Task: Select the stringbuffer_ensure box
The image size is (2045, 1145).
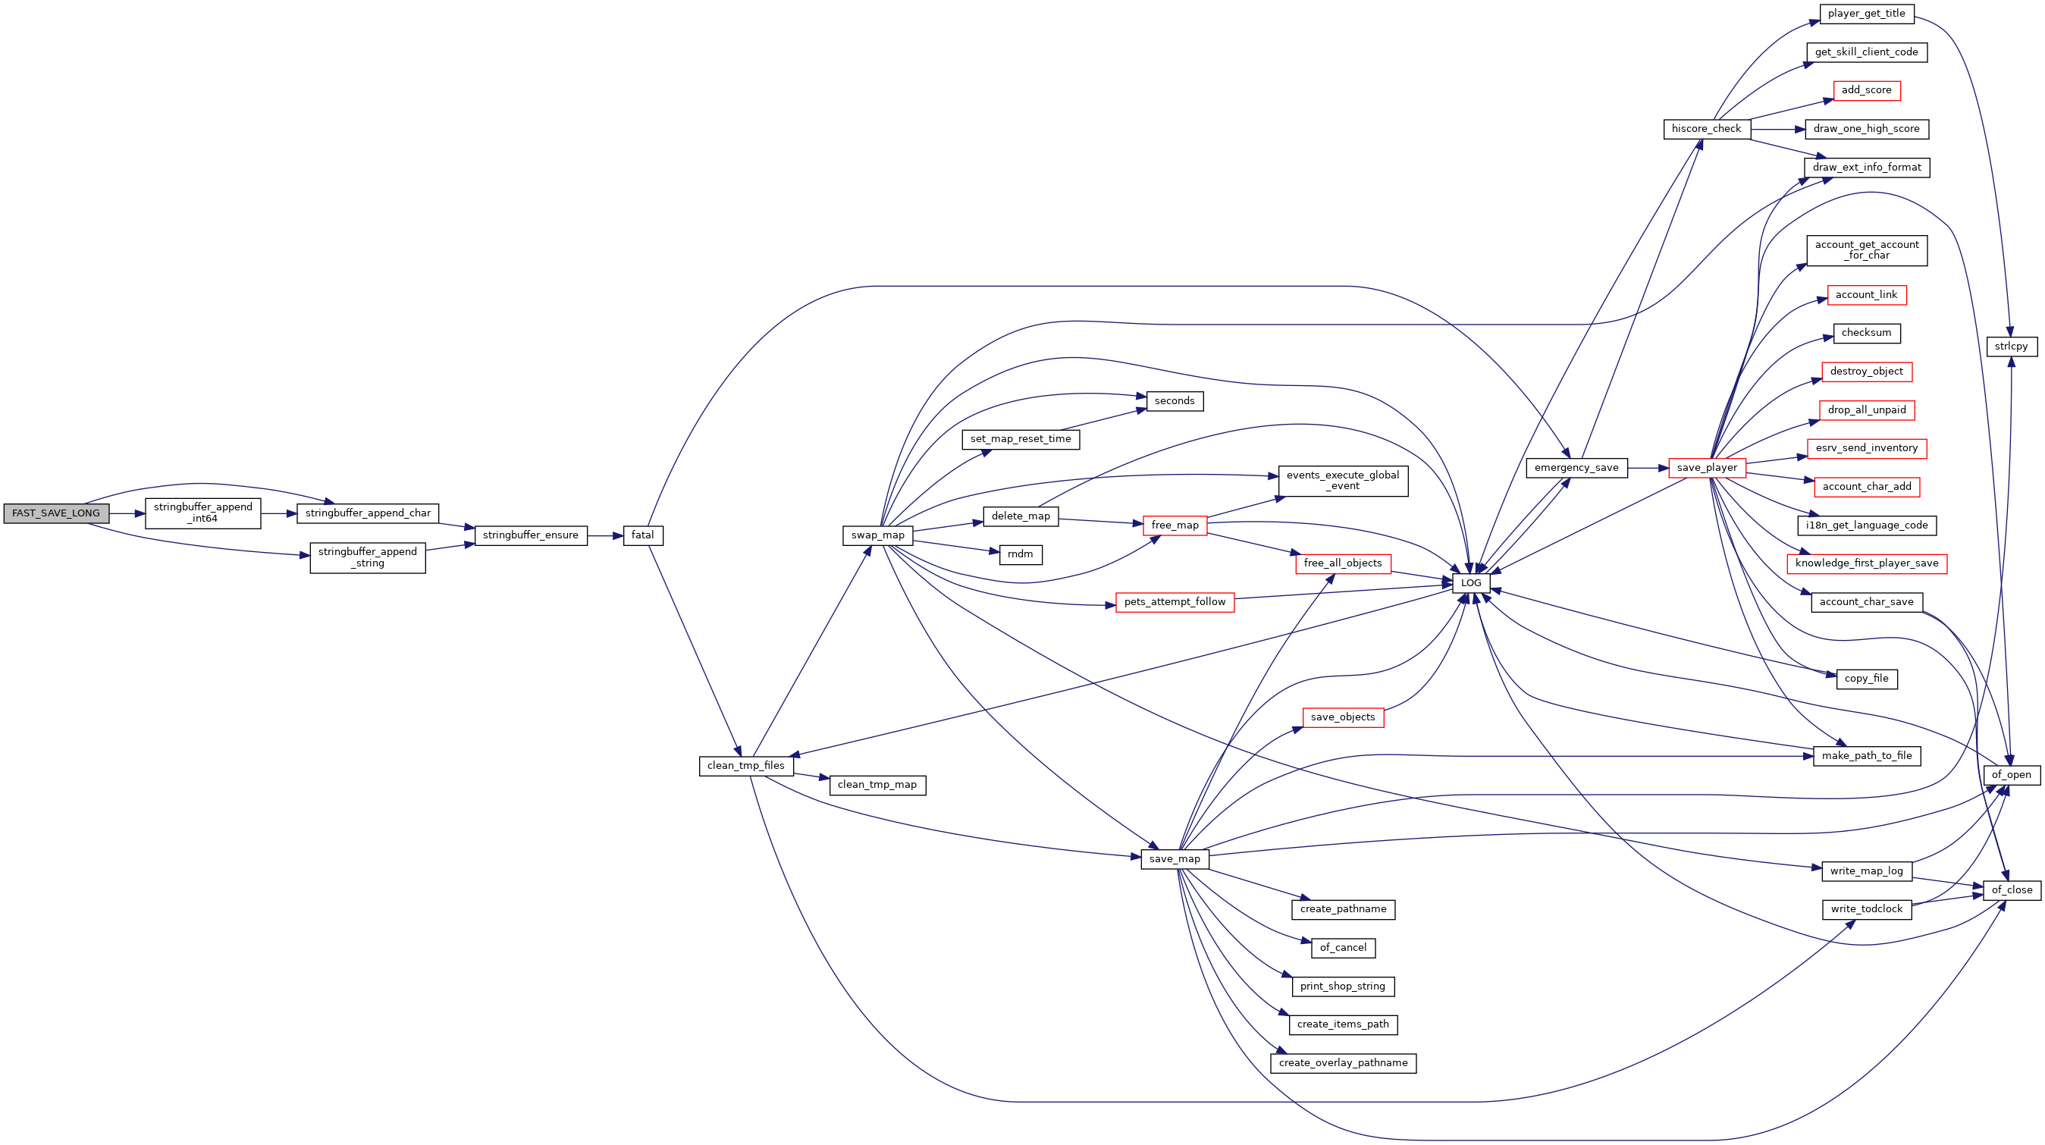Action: click(x=531, y=535)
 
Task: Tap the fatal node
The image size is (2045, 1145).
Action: click(x=643, y=535)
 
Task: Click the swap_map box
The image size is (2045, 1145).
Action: click(x=878, y=535)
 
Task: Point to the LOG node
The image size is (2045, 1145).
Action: click(x=1471, y=583)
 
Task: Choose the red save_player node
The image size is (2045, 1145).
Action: click(x=1707, y=468)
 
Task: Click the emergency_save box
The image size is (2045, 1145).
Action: click(x=1576, y=468)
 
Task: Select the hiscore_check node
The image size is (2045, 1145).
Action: click(x=1707, y=129)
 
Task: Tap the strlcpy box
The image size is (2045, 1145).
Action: click(x=2012, y=347)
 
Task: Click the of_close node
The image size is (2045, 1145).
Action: click(x=2012, y=890)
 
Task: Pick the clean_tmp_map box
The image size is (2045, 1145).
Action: click(x=877, y=785)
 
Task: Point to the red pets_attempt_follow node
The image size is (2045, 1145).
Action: click(x=1175, y=602)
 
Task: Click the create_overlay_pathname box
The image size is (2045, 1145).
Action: click(x=1343, y=1062)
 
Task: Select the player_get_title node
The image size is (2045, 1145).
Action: click(x=1866, y=14)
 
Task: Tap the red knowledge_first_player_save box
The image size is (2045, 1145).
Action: click(x=1867, y=563)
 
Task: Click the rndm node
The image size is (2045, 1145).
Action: click(x=1021, y=554)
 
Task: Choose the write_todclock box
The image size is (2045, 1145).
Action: click(x=1867, y=909)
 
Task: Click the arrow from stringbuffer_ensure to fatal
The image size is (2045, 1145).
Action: click(x=606, y=536)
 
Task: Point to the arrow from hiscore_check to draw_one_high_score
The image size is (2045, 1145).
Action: click(x=1777, y=130)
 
